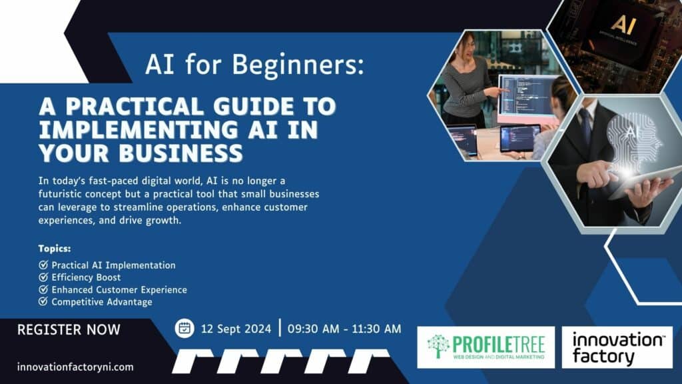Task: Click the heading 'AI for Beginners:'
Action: (x=254, y=65)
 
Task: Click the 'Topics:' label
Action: (x=54, y=249)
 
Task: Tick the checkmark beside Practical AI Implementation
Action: (x=43, y=265)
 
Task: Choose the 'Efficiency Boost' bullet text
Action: (x=86, y=277)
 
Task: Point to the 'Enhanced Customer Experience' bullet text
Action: (x=119, y=290)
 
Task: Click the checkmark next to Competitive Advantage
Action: (x=43, y=302)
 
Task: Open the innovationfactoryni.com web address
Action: (x=75, y=367)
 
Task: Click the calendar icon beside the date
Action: (x=184, y=328)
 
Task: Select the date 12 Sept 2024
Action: (x=236, y=329)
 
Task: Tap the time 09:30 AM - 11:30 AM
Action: (x=344, y=329)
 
